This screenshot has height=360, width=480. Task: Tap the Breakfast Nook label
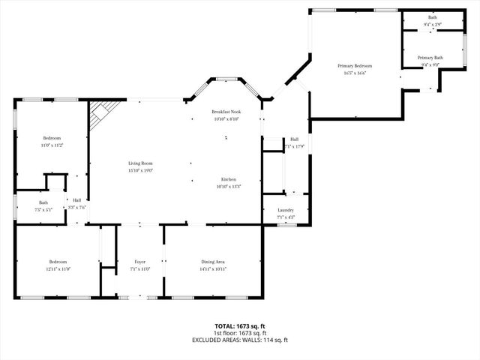pyautogui.click(x=226, y=112)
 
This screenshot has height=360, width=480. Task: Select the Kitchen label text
pyautogui.click(x=229, y=179)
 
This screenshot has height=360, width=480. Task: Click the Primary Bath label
pyautogui.click(x=430, y=58)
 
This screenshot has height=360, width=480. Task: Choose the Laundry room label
pyautogui.click(x=286, y=210)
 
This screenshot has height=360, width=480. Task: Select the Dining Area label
pyautogui.click(x=213, y=261)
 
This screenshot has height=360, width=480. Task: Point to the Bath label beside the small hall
pyautogui.click(x=43, y=202)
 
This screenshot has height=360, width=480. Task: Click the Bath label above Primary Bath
pyautogui.click(x=432, y=17)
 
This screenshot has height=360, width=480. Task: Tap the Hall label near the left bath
pyautogui.click(x=76, y=199)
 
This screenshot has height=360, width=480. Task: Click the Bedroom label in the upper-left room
pyautogui.click(x=52, y=138)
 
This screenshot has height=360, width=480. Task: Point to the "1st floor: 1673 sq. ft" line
pyautogui.click(x=240, y=333)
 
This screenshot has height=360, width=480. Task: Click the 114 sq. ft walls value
pyautogui.click(x=274, y=340)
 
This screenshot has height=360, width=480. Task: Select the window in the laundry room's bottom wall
pyautogui.click(x=286, y=223)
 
